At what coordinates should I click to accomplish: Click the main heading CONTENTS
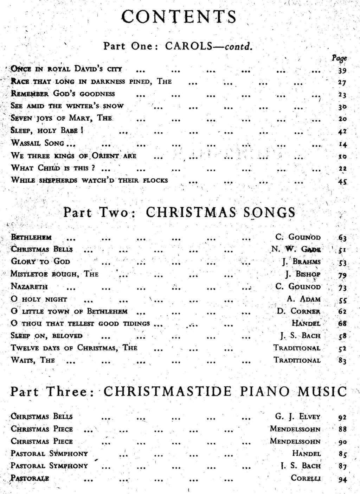tap(178, 17)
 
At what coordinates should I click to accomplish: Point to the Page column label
tap(339, 58)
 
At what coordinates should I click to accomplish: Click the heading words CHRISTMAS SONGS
tap(220, 212)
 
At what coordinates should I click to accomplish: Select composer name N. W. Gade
tap(296, 249)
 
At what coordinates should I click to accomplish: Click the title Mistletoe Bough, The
tap(54, 274)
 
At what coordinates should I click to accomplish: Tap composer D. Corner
tap(298, 312)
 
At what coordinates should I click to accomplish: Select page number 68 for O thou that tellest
tap(342, 323)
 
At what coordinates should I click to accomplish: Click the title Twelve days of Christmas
tap(74, 348)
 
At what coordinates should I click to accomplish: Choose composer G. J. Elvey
tap(298, 417)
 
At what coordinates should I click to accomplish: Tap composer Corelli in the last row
tap(306, 478)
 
